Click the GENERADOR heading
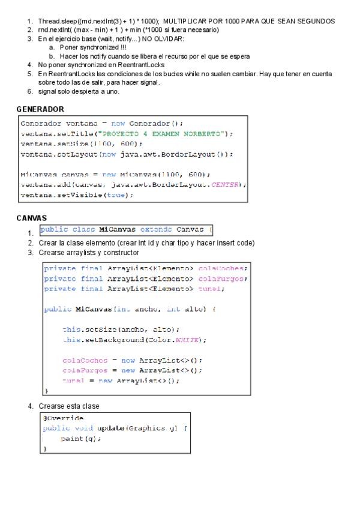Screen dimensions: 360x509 tap(40, 109)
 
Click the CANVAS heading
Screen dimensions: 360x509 tap(32, 218)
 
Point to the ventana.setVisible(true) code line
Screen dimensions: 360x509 tap(77, 195)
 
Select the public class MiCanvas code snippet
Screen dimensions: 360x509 tap(126, 230)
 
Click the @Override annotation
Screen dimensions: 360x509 tap(64, 418)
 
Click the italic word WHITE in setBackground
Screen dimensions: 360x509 tap(190, 340)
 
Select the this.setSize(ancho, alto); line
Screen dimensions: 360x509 tap(121, 330)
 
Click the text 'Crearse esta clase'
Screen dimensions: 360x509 tap(68, 406)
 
